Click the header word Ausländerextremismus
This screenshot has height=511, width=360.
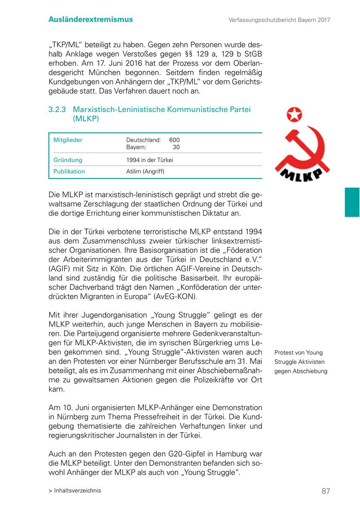click(x=91, y=19)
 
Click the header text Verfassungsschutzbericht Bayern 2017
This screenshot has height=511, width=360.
click(x=279, y=20)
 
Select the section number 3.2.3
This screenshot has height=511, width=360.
click(x=57, y=110)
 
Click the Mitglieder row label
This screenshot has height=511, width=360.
click(x=68, y=140)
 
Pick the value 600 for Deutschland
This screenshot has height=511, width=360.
click(x=174, y=140)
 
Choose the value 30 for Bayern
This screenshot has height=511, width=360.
click(x=176, y=147)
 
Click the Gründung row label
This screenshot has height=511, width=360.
click(x=68, y=160)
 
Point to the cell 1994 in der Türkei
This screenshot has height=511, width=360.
click(x=150, y=160)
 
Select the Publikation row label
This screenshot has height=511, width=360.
click(x=69, y=172)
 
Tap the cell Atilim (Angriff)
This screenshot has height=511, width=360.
click(x=145, y=172)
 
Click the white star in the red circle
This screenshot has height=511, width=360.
click(x=294, y=115)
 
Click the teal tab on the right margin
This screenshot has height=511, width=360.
click(x=352, y=202)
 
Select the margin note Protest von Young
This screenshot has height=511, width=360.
click(x=298, y=353)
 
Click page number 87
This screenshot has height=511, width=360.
click(x=326, y=491)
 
